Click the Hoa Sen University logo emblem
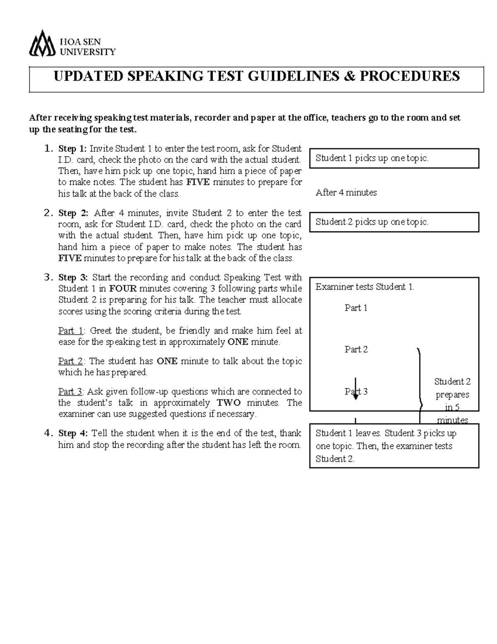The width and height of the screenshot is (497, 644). click(x=42, y=44)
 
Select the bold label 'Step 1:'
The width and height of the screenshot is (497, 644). click(x=73, y=148)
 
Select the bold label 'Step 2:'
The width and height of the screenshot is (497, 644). click(x=73, y=213)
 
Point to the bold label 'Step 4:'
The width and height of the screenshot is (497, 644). click(x=73, y=433)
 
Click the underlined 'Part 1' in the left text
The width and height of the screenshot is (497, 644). click(x=71, y=331)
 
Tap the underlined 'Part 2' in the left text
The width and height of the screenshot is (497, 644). click(x=71, y=361)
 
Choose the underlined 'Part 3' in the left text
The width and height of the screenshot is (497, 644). click(x=71, y=391)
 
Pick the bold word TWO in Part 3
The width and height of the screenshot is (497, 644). click(x=229, y=403)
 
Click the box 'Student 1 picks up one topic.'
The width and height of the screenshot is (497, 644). click(x=394, y=158)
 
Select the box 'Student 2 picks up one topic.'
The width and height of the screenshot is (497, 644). click(x=394, y=222)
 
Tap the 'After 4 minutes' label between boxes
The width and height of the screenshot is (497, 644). click(x=346, y=192)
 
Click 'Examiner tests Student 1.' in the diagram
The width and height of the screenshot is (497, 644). click(x=365, y=287)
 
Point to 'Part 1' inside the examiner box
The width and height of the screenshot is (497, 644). click(x=356, y=308)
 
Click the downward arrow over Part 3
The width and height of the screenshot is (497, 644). click(x=355, y=389)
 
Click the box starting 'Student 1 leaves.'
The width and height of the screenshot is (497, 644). click(x=394, y=446)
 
